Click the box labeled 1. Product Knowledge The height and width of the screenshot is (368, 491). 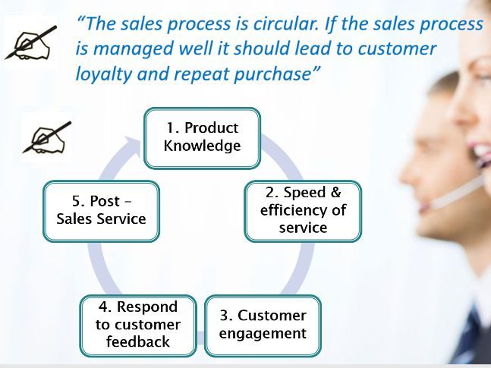pos(203,138)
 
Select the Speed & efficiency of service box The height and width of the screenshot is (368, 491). pos(303,211)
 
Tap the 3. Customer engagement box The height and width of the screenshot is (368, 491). pos(263,326)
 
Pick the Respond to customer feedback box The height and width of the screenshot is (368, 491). pos(138,326)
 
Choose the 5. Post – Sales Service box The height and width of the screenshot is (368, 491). pos(101,211)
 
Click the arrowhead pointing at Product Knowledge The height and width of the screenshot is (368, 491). pos(132,145)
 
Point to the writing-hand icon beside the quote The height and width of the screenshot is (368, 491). pos(31,43)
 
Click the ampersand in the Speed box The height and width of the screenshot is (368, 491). pos(335,192)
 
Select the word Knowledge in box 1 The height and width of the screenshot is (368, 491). pos(203,146)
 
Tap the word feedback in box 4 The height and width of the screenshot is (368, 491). pos(138,341)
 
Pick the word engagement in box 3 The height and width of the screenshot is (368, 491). pos(263,334)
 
